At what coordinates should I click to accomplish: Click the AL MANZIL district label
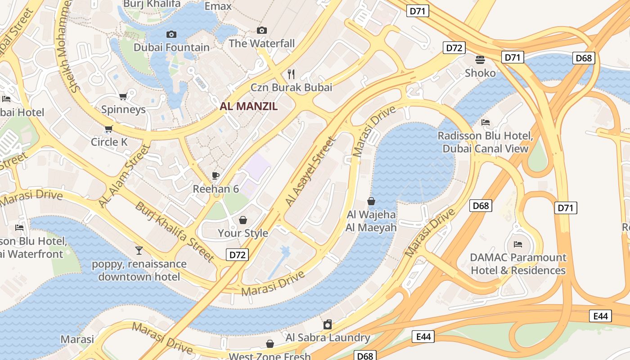(248, 107)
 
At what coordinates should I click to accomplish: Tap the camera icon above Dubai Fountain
(171, 34)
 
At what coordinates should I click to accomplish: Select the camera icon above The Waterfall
(261, 30)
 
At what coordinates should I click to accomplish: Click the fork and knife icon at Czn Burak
(291, 74)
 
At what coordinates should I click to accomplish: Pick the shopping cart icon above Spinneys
(123, 96)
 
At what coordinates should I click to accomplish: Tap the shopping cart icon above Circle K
(108, 129)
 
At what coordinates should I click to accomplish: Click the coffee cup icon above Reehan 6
(216, 175)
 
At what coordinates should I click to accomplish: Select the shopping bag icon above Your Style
(243, 220)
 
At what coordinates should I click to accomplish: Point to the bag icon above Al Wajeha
(371, 201)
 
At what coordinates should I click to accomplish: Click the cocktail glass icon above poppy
(139, 250)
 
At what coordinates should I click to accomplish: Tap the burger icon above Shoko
(480, 60)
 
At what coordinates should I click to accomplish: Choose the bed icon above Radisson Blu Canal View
(485, 122)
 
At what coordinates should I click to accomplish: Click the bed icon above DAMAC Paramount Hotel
(518, 244)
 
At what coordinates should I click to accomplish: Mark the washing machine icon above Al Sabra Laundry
(328, 324)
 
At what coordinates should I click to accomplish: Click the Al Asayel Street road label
(311, 172)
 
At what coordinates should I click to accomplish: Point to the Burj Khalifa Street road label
(175, 232)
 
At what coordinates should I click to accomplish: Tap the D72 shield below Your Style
(237, 255)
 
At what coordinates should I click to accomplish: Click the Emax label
(218, 6)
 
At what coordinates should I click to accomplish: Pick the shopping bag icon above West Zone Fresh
(270, 344)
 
